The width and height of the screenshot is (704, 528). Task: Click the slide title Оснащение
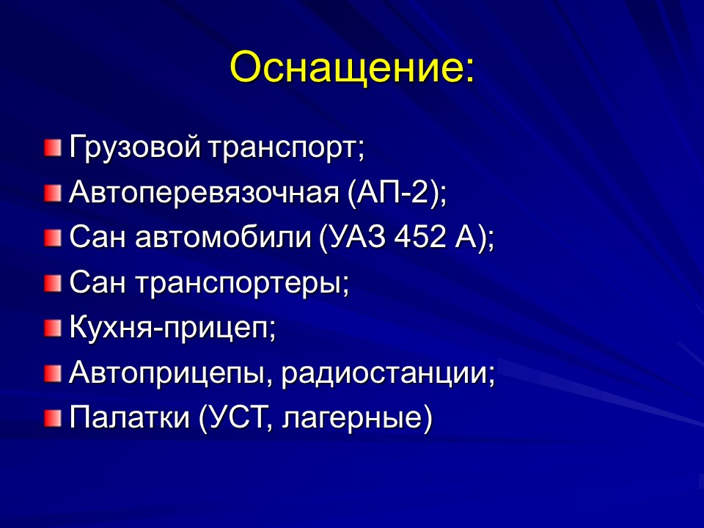click(352, 69)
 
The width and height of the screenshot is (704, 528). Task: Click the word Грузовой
click(135, 148)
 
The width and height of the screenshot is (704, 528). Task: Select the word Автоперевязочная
click(202, 194)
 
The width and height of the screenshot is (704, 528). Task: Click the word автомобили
click(224, 238)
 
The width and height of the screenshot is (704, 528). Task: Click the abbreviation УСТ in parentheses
click(233, 418)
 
